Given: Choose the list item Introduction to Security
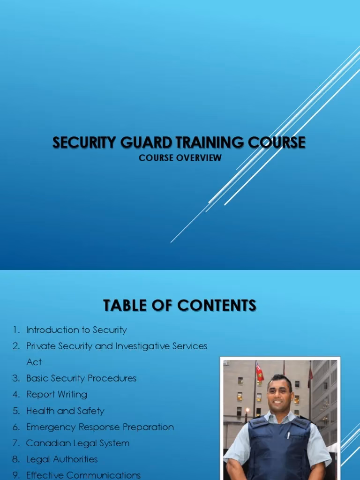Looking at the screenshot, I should (x=76, y=330).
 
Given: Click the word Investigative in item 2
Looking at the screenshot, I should (x=142, y=346).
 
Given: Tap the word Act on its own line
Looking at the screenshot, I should (x=34, y=362).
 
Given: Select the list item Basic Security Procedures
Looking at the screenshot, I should (x=81, y=378).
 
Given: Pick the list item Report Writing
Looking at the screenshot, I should (x=56, y=395).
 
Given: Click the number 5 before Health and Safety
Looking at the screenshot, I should (x=16, y=411).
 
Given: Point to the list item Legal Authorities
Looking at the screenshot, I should (x=62, y=459).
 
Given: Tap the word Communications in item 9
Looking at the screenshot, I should (x=104, y=475).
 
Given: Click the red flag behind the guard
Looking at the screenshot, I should (x=259, y=372).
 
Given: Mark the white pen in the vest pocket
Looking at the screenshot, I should (x=288, y=434).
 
